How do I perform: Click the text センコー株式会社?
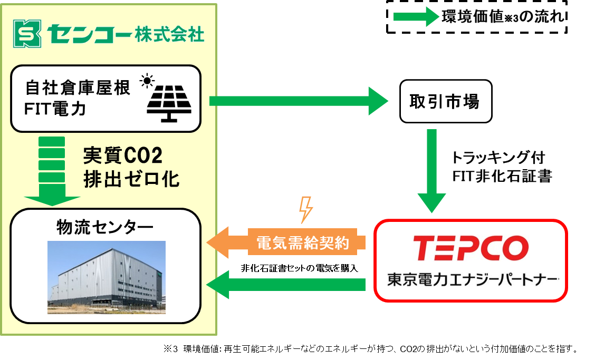point(125,34)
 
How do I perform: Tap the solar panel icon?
point(169,102)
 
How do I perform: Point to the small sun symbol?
point(146,82)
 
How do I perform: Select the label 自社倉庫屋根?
point(78,88)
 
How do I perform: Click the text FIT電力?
point(55,109)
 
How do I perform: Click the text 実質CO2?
point(123,156)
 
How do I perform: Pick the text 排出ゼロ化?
point(131,179)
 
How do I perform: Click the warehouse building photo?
point(107,277)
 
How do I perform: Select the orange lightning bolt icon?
point(306,210)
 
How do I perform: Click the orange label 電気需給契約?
point(303,243)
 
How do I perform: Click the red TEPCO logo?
point(471,248)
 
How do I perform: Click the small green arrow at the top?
point(416,17)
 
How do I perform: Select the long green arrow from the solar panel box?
point(299,101)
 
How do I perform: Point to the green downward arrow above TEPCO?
point(431,170)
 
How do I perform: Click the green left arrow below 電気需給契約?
point(286,285)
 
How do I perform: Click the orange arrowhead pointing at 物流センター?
point(218,242)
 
